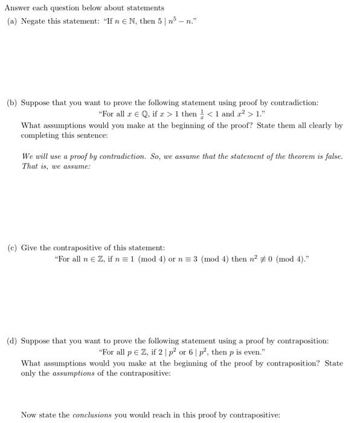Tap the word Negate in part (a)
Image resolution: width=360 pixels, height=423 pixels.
[x=33, y=21]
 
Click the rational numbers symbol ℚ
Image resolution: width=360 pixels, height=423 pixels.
[x=146, y=114]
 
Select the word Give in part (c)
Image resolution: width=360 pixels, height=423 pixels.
[x=29, y=248]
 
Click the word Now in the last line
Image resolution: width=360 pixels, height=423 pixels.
[x=28, y=415]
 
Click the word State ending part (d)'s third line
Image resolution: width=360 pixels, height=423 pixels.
[x=334, y=363]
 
